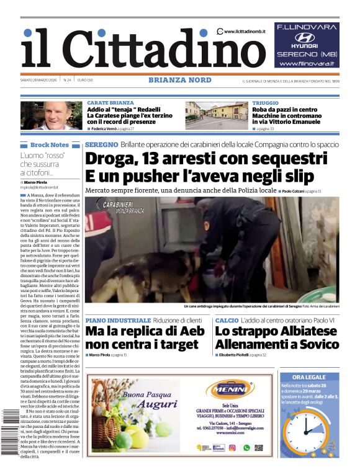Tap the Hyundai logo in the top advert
pyautogui.click(x=305, y=38)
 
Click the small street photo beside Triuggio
pyautogui.click(x=216, y=115)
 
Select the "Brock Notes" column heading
pyautogui.click(x=50, y=144)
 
